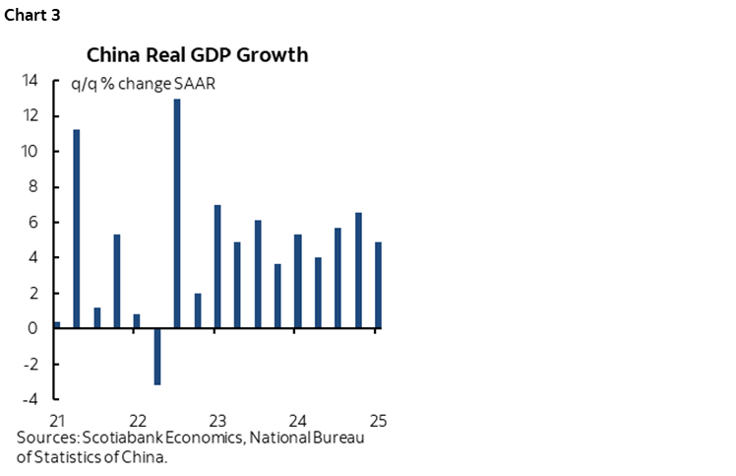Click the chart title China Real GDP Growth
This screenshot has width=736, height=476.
197,54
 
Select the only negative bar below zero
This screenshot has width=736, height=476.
156,356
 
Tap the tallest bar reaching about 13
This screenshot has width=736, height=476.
177,214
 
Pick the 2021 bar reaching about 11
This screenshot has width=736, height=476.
77,229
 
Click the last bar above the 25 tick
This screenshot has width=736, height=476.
378,285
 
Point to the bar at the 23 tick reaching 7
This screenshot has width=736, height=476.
217,266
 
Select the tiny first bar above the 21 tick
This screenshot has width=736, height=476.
57,324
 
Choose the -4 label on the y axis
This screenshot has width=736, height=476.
31,399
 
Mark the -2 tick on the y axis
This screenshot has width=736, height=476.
31,364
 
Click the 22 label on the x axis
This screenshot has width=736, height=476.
138,418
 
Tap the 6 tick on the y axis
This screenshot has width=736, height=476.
33,223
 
